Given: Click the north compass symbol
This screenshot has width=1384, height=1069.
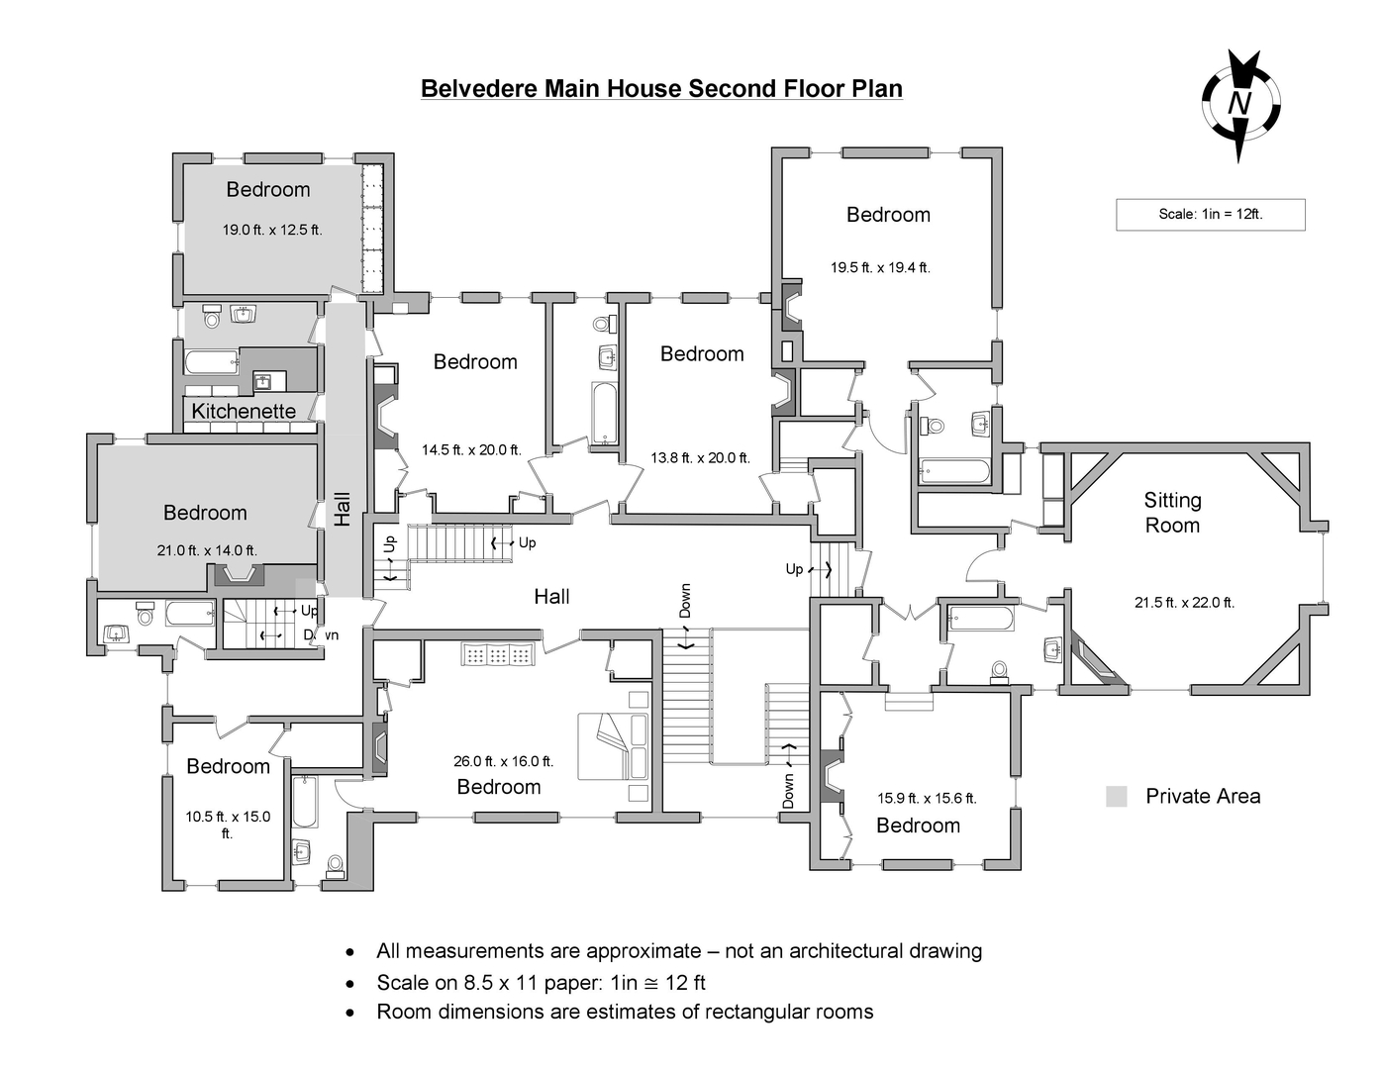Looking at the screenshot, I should click(x=1240, y=104).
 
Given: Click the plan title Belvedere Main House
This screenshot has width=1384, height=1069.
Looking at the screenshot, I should click(x=661, y=89).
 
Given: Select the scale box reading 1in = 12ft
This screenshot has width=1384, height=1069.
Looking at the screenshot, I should click(x=1210, y=214).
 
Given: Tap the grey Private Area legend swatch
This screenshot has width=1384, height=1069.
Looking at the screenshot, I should click(x=1116, y=797).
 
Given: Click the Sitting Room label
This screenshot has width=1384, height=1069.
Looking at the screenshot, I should click(x=1172, y=513).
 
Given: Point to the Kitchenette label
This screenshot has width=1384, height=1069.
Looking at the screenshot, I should click(x=244, y=411).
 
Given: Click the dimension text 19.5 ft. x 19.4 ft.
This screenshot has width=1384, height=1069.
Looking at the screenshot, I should click(x=880, y=267).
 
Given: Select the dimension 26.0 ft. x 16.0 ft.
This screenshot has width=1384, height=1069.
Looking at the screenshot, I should click(x=503, y=761).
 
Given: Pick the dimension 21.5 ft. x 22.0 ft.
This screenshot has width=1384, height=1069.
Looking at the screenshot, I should click(x=1184, y=602).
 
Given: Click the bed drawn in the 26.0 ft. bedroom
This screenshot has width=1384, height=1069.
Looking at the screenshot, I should click(x=614, y=745).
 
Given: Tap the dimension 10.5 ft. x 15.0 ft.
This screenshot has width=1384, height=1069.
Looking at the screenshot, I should click(x=228, y=825).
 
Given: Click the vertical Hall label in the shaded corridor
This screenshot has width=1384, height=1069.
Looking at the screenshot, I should click(x=343, y=509).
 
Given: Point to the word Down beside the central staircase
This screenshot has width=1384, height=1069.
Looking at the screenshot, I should click(x=685, y=600).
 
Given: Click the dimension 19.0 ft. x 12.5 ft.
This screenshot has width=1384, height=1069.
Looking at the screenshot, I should click(x=271, y=230).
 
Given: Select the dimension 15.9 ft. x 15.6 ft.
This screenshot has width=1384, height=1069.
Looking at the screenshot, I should click(x=927, y=798).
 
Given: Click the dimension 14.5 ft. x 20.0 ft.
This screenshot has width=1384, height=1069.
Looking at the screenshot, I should click(x=471, y=449).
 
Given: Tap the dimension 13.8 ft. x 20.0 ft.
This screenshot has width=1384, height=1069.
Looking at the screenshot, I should click(x=700, y=458).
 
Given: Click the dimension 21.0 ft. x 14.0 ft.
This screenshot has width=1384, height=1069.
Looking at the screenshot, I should click(x=206, y=550).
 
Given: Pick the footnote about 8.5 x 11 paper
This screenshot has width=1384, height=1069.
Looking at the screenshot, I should click(x=541, y=983).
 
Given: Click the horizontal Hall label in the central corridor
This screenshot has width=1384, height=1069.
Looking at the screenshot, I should click(x=551, y=596).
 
